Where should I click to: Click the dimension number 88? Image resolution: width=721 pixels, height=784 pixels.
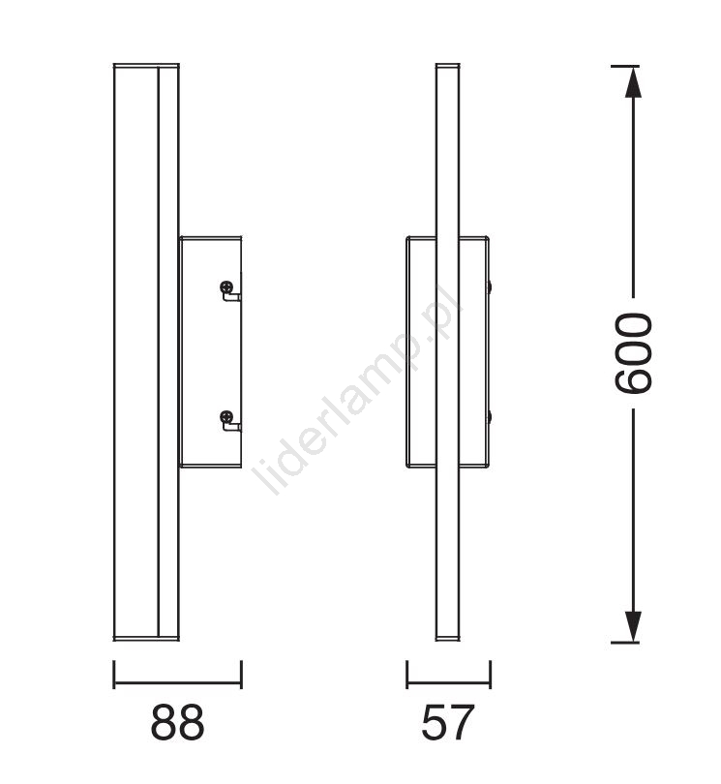pos(177,722)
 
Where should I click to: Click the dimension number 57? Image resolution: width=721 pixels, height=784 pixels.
pos(447,722)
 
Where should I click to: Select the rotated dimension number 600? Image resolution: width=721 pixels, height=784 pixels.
pos(634,353)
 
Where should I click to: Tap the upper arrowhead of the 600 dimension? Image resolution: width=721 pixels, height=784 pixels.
pos(634,82)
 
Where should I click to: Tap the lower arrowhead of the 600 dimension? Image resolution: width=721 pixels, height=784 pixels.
pos(634,626)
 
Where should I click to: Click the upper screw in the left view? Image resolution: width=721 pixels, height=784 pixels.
pos(226,287)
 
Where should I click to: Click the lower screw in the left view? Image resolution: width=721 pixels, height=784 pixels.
pos(226,416)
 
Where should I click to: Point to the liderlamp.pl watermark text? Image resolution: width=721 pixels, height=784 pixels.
pos(358,389)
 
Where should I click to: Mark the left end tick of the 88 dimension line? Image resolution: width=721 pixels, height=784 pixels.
pos(114,674)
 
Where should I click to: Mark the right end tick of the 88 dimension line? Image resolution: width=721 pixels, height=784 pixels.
pos(242,674)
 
